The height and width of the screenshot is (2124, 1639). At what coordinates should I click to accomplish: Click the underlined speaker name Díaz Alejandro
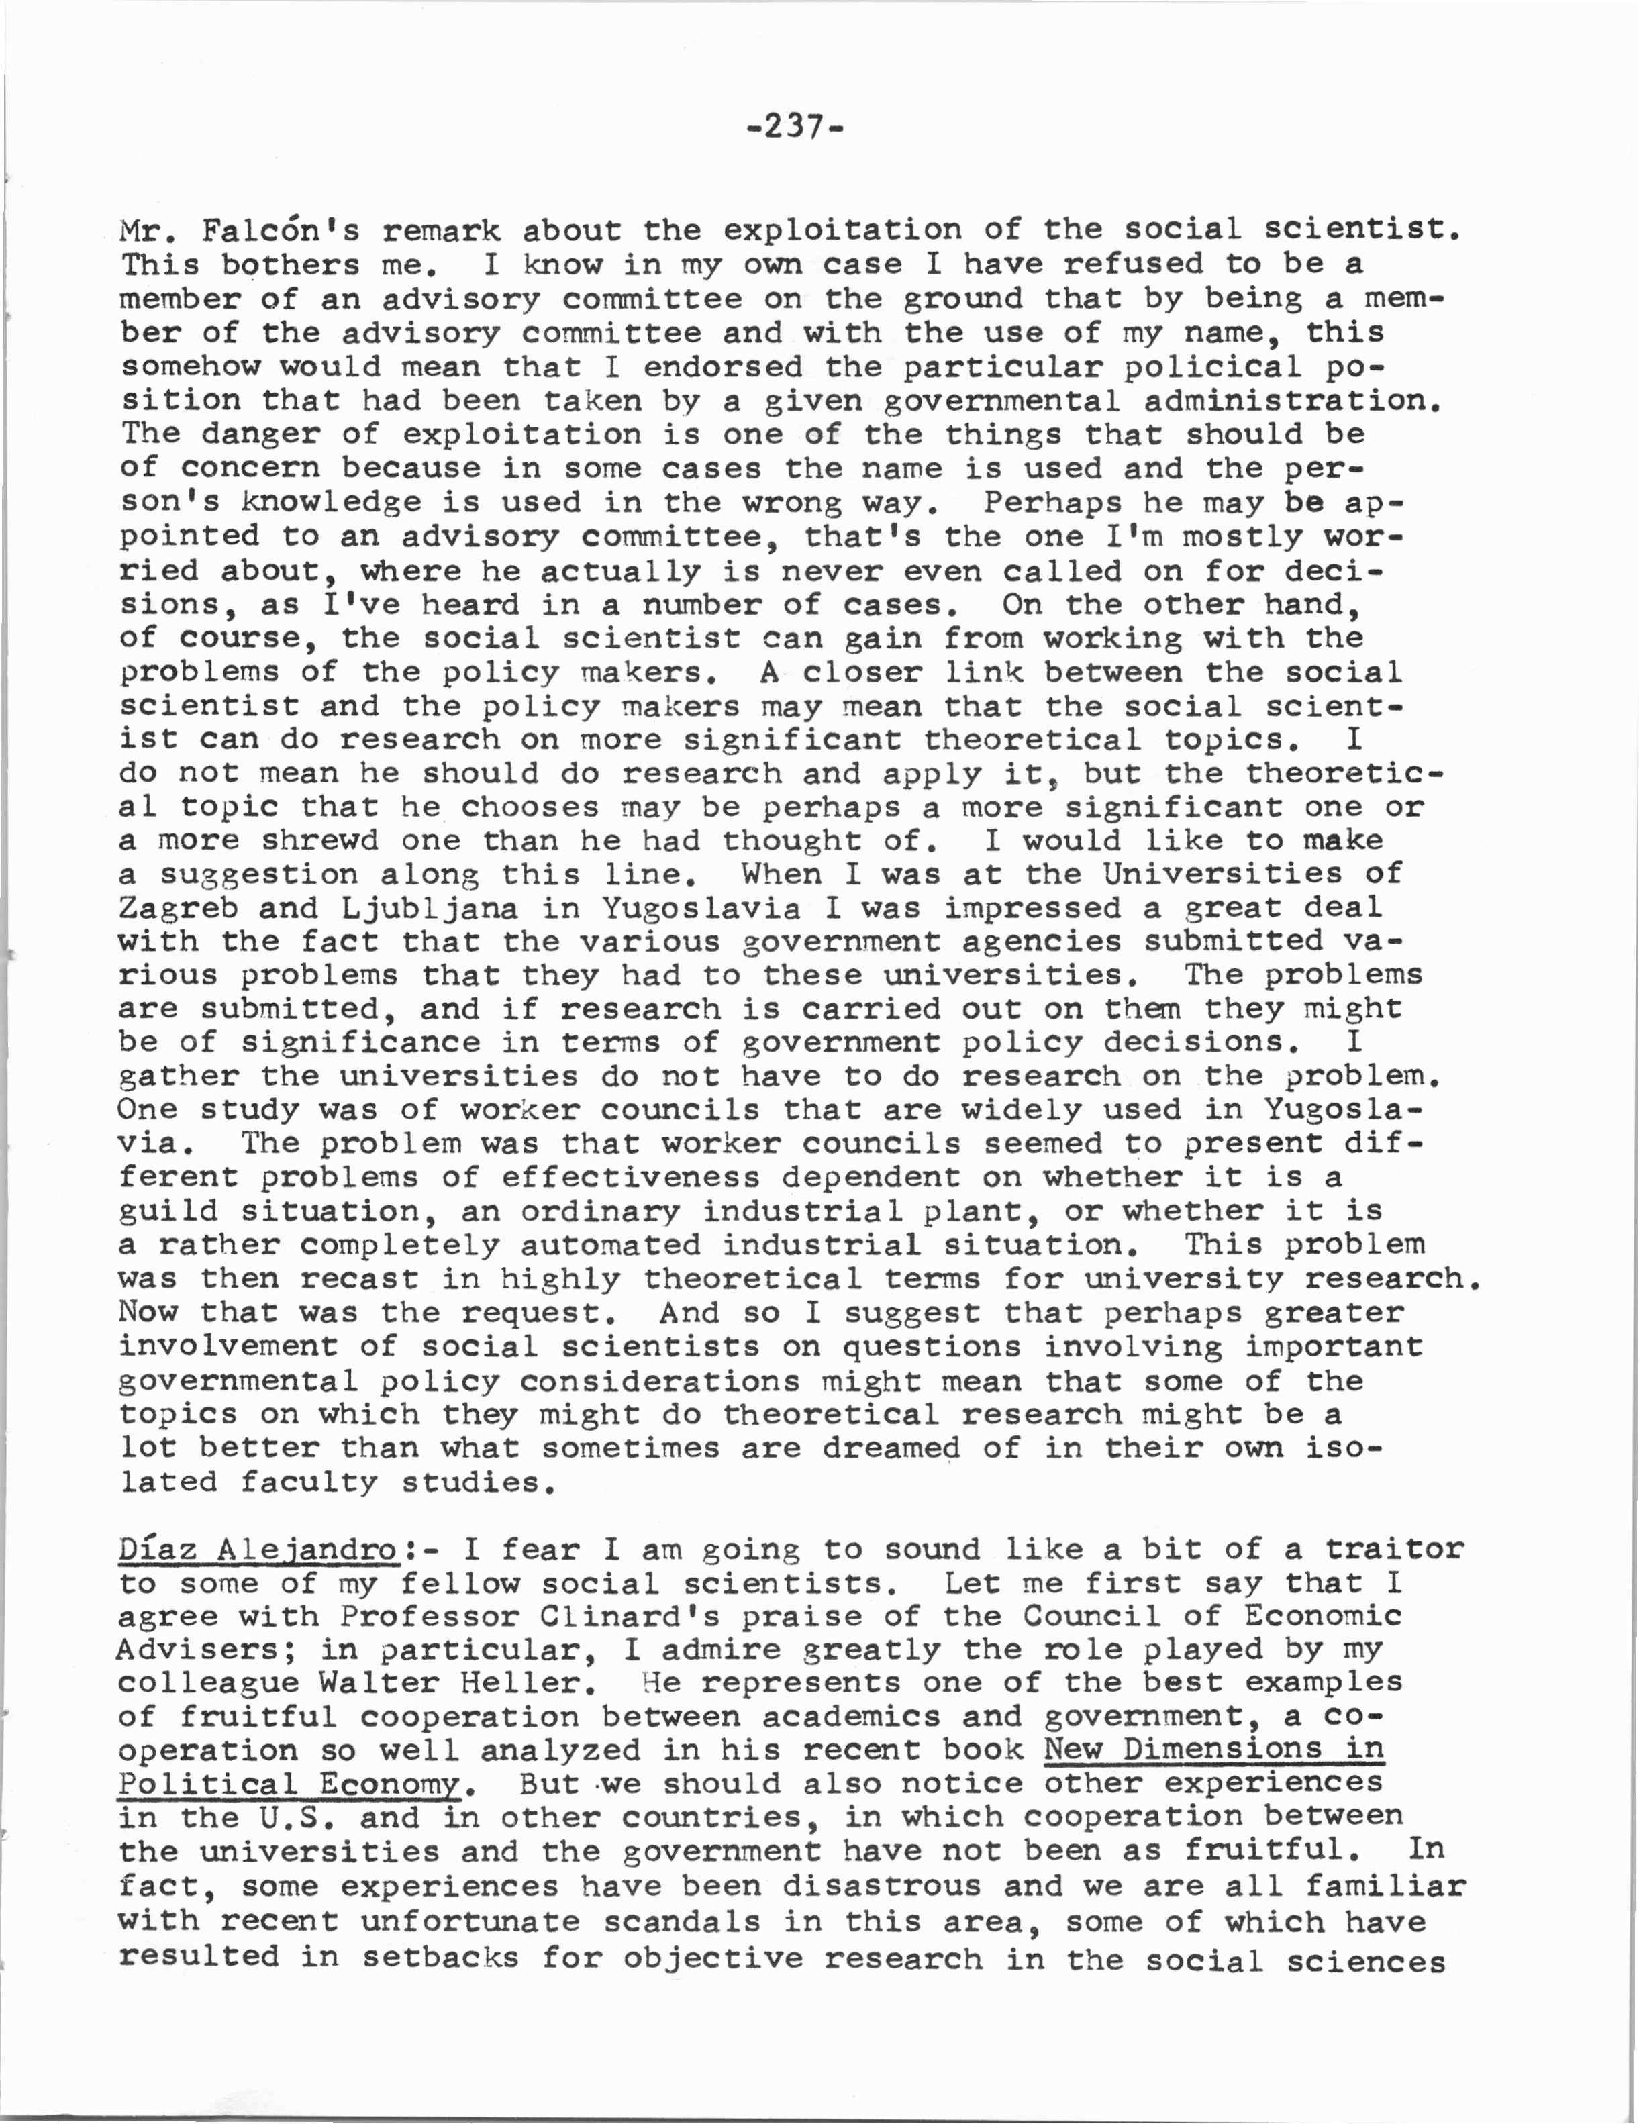[258, 1550]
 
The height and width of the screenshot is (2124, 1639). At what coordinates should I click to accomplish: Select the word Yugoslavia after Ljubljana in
[701, 909]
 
